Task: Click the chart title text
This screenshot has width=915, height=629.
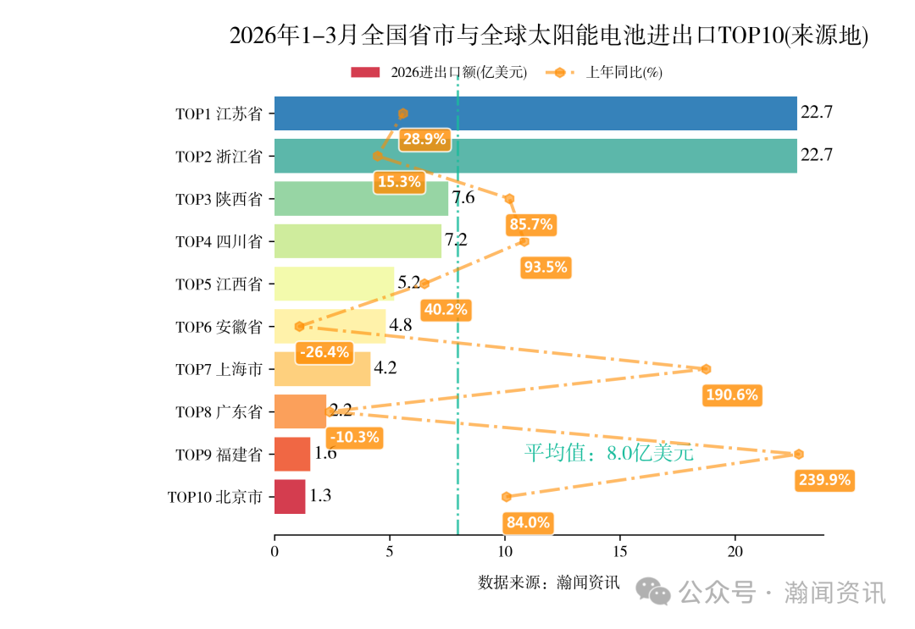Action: tap(549, 36)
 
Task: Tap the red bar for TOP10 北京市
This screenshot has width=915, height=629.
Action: tap(290, 496)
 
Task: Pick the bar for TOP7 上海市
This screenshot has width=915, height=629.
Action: tap(322, 369)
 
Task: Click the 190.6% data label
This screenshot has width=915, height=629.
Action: tap(733, 395)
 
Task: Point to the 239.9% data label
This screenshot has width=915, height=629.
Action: tap(824, 480)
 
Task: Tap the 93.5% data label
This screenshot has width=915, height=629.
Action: tap(546, 268)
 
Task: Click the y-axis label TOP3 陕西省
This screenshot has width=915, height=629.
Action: tap(219, 199)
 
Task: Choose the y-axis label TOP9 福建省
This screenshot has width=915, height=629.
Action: tap(219, 455)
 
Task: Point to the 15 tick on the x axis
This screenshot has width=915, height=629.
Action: tap(620, 552)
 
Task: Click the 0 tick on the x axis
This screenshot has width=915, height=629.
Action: tap(274, 552)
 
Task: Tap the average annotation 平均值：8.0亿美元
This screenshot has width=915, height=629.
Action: tap(608, 453)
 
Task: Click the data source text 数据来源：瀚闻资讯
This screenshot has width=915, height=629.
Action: tap(549, 582)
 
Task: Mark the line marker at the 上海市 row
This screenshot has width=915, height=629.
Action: tap(706, 369)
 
